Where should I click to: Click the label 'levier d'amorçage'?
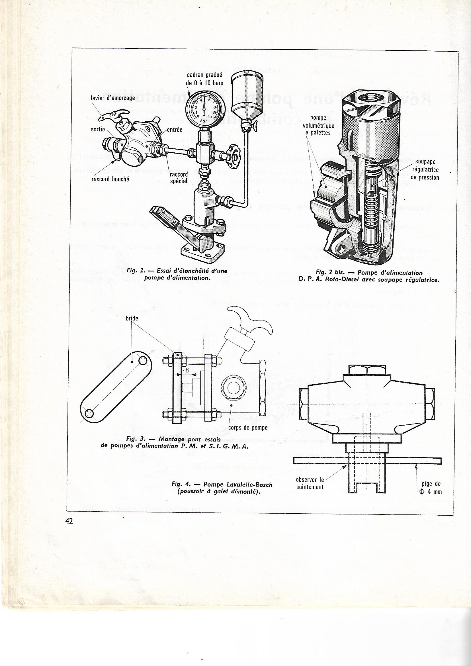pos(113,98)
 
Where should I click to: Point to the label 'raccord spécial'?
pos(179,177)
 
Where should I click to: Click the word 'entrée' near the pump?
pos(175,130)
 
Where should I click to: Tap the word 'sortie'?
pos(98,129)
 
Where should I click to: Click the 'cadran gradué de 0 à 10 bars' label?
pos(204,79)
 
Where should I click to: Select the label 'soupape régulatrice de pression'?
pos(427,169)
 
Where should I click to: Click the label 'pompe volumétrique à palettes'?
pos(318,125)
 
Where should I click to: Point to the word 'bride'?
pos(132,318)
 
